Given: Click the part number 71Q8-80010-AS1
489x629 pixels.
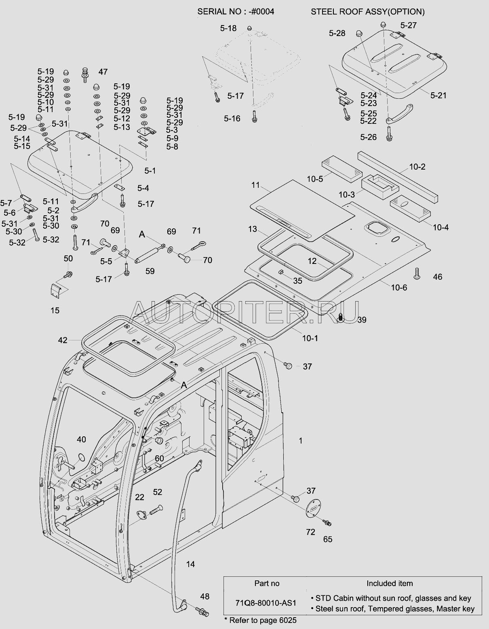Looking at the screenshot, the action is click(266, 603).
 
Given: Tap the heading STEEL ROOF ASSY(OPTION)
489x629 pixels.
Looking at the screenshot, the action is click(368, 12).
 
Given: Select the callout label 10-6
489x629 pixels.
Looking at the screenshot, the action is click(399, 287).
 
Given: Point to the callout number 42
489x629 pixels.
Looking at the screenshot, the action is click(63, 340).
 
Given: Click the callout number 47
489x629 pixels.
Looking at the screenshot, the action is click(103, 72).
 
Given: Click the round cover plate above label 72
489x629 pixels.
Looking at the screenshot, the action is click(313, 509).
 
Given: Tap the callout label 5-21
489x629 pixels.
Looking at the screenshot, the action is click(438, 95).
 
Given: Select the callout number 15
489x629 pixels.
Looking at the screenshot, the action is click(55, 310).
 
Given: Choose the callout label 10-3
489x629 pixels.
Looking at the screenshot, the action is click(346, 195).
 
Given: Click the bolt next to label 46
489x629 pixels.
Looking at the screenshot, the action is click(417, 273).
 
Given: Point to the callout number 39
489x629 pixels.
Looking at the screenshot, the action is click(362, 320).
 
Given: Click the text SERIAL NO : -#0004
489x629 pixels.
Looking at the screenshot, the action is click(236, 12).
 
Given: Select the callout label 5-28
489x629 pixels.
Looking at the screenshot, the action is click(337, 33).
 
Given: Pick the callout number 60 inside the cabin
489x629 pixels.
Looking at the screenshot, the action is click(159, 458).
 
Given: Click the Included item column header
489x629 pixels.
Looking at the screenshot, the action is click(390, 583).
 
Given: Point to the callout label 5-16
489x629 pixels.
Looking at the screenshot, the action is click(232, 118).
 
